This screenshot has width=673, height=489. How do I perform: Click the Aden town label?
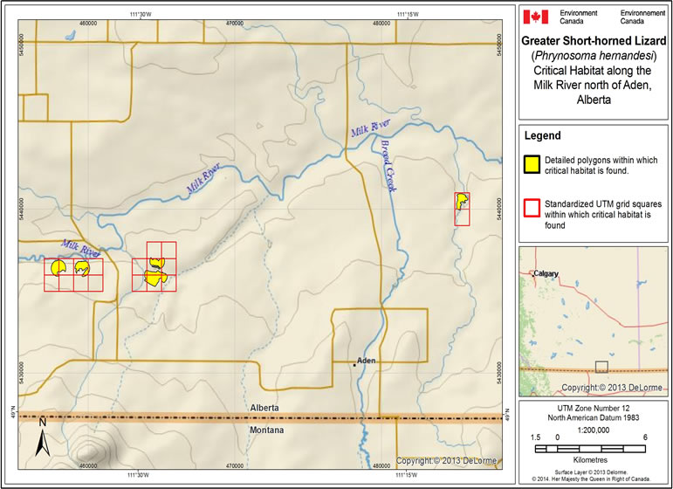point(366,360)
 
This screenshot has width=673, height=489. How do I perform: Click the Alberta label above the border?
point(264,408)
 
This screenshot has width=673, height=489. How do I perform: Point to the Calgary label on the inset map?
point(546,272)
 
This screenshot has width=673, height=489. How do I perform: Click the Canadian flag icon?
point(535,17)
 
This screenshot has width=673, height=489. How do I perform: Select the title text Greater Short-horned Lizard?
point(594,40)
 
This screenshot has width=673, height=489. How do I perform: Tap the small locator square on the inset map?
point(601,367)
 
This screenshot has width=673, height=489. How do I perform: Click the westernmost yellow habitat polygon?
point(58,267)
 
